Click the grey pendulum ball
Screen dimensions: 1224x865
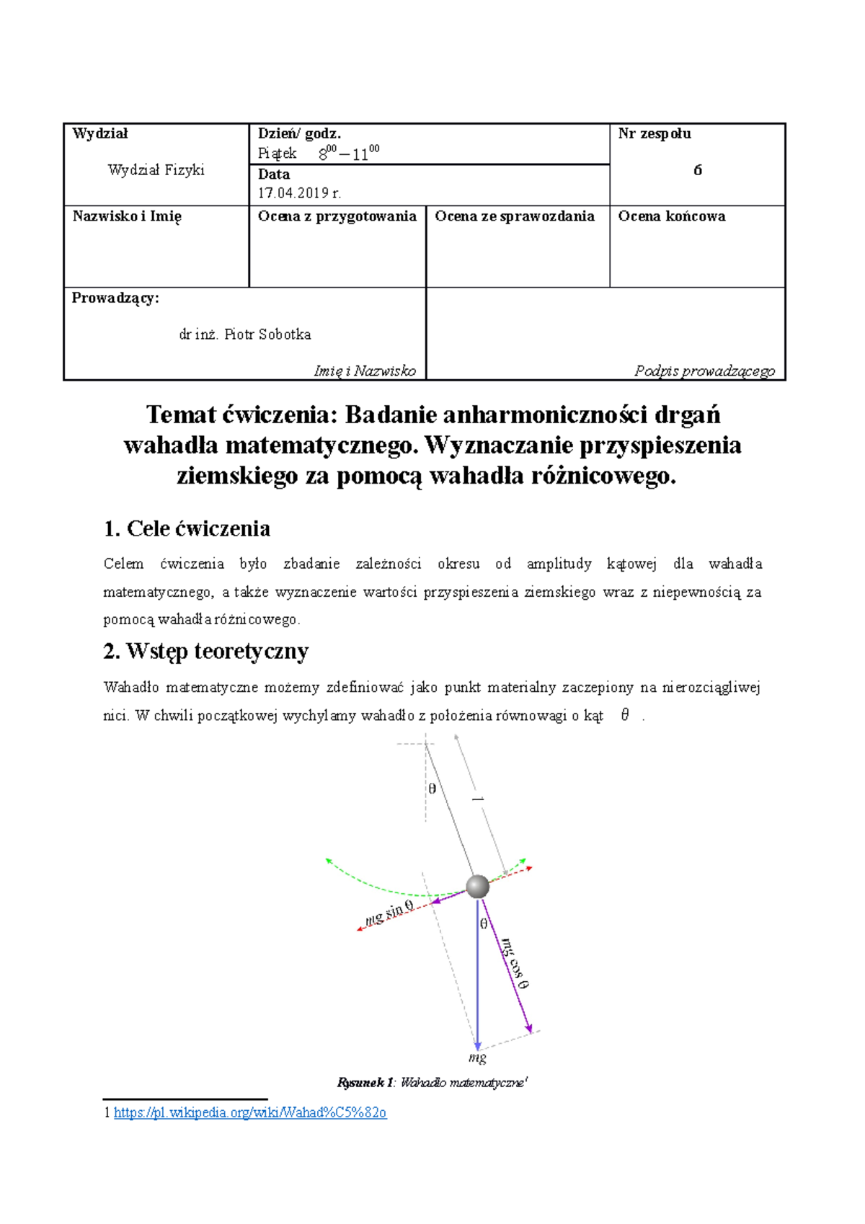477,887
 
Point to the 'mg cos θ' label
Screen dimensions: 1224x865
515,963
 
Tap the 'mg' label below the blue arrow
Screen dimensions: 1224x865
477,1057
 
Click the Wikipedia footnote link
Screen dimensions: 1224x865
250,1112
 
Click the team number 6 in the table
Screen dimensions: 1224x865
697,170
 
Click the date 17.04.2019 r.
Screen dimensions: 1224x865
299,192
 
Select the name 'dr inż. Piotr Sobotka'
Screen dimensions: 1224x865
245,334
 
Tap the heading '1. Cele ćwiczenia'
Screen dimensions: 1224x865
187,528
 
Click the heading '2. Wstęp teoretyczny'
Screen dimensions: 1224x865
205,651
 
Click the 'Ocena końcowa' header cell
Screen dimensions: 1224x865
671,216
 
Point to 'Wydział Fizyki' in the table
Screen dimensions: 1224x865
156,170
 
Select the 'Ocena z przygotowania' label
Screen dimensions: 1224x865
337,216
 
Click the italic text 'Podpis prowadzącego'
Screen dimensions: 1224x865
704,371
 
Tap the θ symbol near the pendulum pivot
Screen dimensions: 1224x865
432,789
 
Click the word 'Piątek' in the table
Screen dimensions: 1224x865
277,154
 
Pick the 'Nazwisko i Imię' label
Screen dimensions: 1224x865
127,216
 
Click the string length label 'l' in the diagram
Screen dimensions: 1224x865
476,799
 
